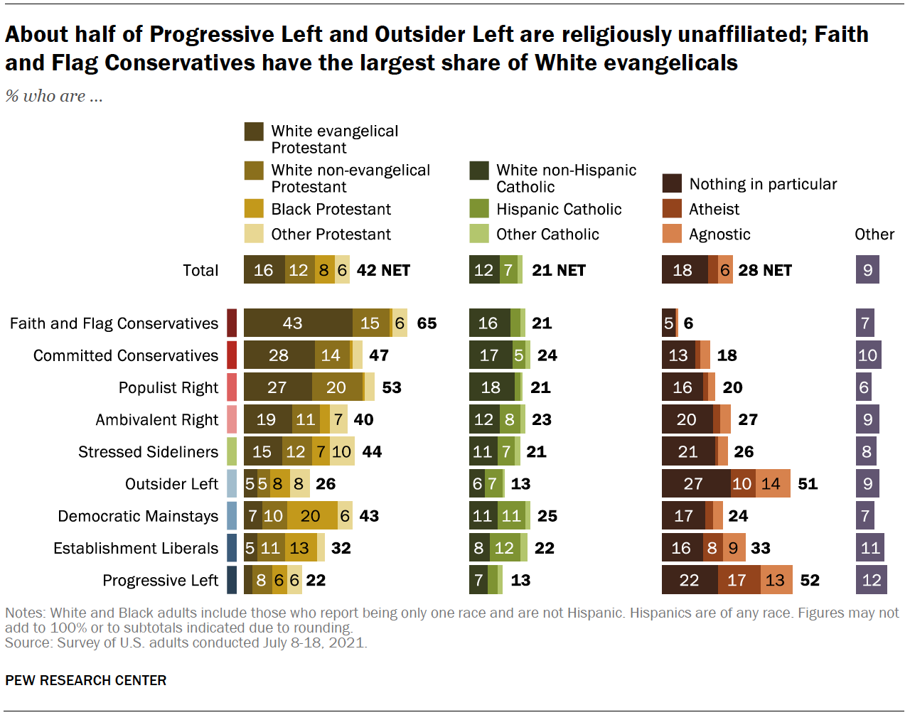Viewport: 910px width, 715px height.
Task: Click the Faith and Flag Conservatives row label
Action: pos(114,323)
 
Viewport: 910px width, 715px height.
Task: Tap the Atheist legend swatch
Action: pos(672,209)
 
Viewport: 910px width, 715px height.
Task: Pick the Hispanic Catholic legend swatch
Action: pos(479,209)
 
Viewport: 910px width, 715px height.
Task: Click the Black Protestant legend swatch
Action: pos(254,209)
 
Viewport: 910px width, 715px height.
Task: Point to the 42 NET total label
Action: pos(383,270)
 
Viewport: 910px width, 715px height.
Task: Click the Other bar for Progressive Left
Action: pos(871,580)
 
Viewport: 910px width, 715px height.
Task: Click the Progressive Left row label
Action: pos(160,581)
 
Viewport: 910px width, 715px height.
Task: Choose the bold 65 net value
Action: pos(427,323)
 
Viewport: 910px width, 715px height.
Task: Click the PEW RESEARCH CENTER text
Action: pos(86,680)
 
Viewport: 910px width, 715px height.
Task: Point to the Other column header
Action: pos(874,235)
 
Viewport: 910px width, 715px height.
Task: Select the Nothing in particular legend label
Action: pos(763,184)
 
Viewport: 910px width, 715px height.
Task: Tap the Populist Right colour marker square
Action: pos(232,387)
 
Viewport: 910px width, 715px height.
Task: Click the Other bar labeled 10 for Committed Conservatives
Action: pos(868,355)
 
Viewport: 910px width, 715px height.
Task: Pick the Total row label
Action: pos(200,270)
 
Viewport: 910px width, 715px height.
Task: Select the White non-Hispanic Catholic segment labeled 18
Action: pos(490,387)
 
